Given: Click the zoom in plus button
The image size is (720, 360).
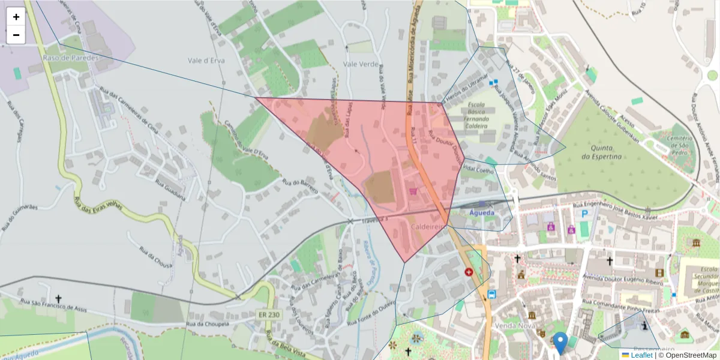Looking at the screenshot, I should [x=16, y=17].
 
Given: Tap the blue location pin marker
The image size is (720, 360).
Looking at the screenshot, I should [x=560, y=343].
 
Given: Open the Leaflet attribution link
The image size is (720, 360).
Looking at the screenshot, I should [x=640, y=355].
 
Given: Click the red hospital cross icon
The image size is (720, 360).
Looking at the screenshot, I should [x=469, y=272].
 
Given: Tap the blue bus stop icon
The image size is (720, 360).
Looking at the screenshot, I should [x=492, y=294].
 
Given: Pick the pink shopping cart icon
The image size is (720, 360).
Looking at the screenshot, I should [x=413, y=191].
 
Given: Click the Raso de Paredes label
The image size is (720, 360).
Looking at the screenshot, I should [x=66, y=58].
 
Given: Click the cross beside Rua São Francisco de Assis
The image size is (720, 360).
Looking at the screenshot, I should [x=59, y=298].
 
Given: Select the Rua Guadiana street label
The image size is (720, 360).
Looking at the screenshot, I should [x=170, y=190].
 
